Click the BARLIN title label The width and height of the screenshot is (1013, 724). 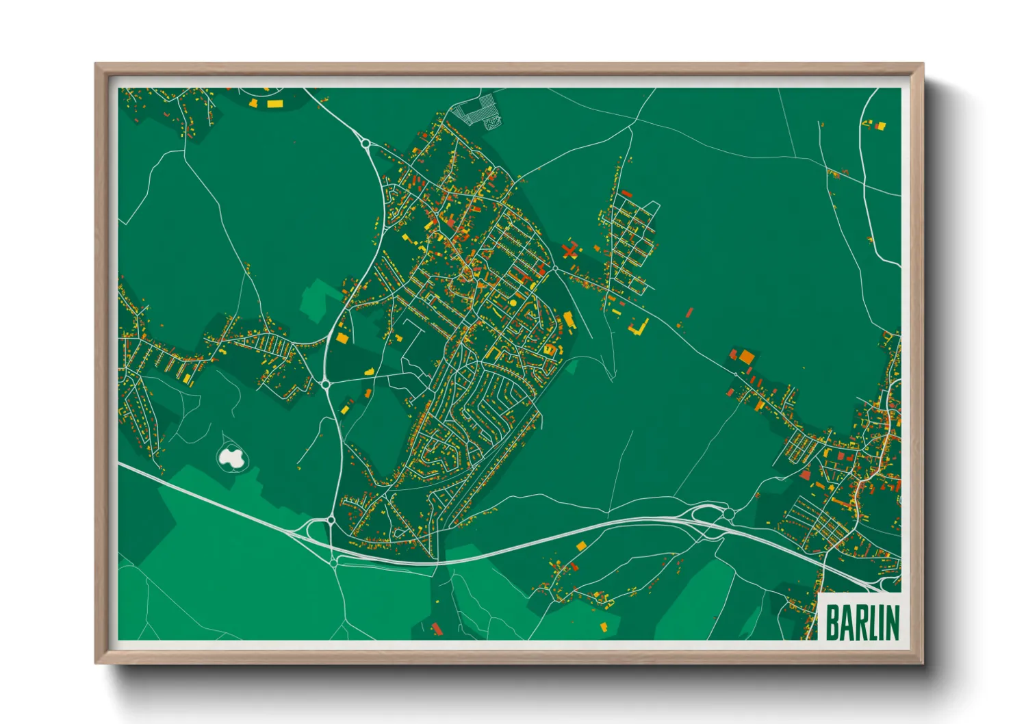(862, 622)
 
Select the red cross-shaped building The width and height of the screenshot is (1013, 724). (569, 250)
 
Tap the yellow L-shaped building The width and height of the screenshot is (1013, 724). (639, 328)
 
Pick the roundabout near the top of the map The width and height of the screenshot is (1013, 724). (366, 144)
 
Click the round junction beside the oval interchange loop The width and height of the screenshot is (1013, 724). (730, 514)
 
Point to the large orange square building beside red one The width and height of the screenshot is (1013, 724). (745, 357)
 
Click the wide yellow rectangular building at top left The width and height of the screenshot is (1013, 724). (274, 104)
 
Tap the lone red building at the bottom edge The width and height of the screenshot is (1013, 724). (436, 628)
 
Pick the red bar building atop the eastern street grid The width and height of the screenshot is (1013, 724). (625, 194)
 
